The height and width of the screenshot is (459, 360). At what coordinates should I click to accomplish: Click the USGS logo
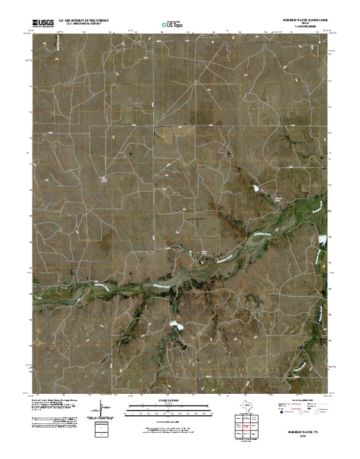(43, 22)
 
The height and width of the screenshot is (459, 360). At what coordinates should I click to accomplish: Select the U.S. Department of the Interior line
(83, 21)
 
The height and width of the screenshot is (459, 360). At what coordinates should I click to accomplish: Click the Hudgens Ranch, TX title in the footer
(299, 429)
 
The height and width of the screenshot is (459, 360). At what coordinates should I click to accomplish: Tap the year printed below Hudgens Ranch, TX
(299, 434)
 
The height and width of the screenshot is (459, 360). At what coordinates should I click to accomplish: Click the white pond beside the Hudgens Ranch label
(256, 188)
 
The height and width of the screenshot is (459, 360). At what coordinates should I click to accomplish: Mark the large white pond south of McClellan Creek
(176, 324)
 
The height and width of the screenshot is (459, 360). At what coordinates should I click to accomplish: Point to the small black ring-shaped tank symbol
(73, 272)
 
